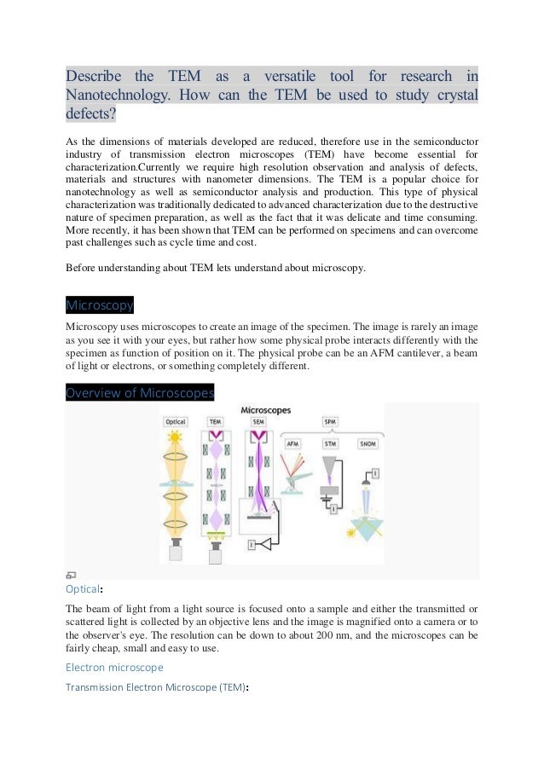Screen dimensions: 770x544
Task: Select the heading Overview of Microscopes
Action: pyautogui.click(x=140, y=393)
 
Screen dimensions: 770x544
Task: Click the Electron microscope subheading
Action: pyautogui.click(x=113, y=666)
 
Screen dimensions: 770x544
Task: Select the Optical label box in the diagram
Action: pyautogui.click(x=176, y=422)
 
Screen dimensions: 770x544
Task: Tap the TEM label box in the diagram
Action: pyautogui.click(x=216, y=422)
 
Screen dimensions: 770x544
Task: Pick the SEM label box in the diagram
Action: pyautogui.click(x=255, y=422)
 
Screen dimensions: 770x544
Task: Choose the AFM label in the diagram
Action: pyautogui.click(x=292, y=444)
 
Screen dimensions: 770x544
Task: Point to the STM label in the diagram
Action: pyautogui.click(x=330, y=444)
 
